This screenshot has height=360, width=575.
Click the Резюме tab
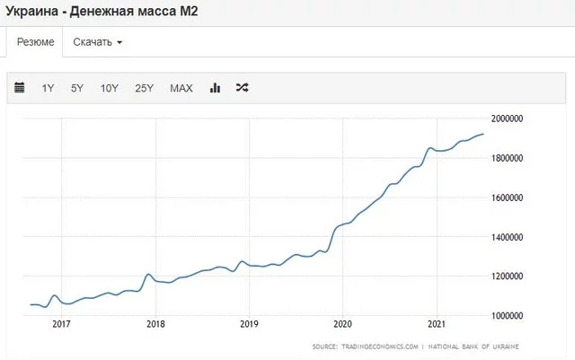coord(36,42)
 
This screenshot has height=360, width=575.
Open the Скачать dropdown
coord(97,42)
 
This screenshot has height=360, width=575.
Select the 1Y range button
coord(48,88)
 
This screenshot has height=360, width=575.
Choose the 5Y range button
coord(77,88)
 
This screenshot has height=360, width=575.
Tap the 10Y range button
coord(110,88)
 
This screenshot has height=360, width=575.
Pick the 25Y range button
coord(144,88)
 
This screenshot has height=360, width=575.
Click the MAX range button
coord(181,88)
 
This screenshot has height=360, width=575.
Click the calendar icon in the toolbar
coord(20,88)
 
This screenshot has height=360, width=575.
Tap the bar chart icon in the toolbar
coord(215,88)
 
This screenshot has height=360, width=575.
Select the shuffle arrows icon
coord(242,88)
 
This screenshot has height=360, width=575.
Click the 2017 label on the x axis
coord(62,325)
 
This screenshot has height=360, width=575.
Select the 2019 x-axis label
coord(249,325)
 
